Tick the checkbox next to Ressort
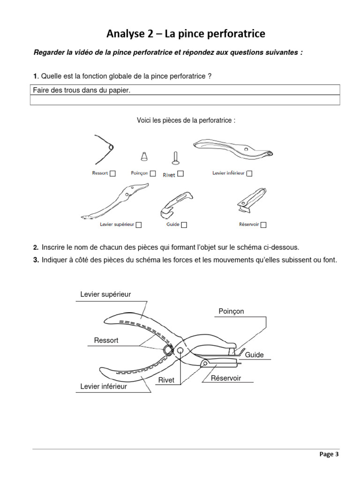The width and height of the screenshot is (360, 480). (x=113, y=173)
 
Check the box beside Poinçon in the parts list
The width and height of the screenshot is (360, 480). (x=153, y=173)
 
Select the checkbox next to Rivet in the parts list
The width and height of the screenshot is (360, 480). (x=180, y=174)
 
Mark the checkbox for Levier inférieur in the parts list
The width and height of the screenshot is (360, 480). (x=249, y=173)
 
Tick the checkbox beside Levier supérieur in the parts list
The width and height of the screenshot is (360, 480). (x=139, y=225)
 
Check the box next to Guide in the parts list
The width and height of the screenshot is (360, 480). (x=184, y=225)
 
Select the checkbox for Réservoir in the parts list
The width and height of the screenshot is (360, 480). (x=263, y=225)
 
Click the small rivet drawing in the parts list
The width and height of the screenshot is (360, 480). (x=175, y=158)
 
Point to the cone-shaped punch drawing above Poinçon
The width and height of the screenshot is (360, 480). (x=144, y=156)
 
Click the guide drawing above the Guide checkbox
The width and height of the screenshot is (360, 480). (x=176, y=203)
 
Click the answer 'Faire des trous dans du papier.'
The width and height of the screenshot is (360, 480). (x=81, y=90)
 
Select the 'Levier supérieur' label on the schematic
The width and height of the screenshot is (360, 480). (x=105, y=294)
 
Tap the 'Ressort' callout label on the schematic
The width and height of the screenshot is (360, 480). (x=106, y=340)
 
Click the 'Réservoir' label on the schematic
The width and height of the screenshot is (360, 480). (x=226, y=378)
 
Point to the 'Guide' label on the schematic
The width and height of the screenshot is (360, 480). (x=255, y=355)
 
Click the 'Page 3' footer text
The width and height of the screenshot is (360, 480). (x=329, y=454)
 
